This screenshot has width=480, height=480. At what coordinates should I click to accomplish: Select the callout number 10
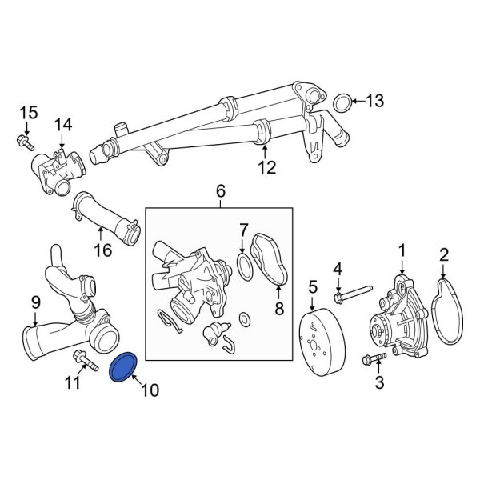click(x=150, y=390)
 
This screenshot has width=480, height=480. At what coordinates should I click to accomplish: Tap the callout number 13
click(x=374, y=101)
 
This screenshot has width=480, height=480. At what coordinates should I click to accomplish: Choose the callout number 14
click(x=62, y=125)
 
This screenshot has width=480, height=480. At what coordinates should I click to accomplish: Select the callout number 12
click(x=266, y=168)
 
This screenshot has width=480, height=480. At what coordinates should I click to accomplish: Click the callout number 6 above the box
click(x=221, y=191)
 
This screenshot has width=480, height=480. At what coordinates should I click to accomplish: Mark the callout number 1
click(x=402, y=251)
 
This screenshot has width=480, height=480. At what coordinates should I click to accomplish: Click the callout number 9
click(x=35, y=302)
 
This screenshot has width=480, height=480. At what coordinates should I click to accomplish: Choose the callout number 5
click(x=313, y=286)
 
